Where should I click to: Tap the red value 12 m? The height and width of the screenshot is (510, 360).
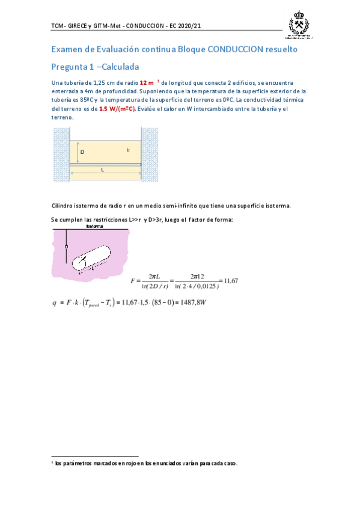[147, 82]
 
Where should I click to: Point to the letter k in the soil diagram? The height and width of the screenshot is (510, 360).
[128, 150]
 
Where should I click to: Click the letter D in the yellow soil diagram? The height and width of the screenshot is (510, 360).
[82, 153]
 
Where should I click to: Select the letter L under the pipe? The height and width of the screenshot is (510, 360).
[103, 170]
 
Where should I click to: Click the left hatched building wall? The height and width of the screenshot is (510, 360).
[61, 155]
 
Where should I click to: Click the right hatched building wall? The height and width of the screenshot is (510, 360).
[150, 155]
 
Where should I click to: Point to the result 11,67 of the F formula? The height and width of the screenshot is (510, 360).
[231, 280]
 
